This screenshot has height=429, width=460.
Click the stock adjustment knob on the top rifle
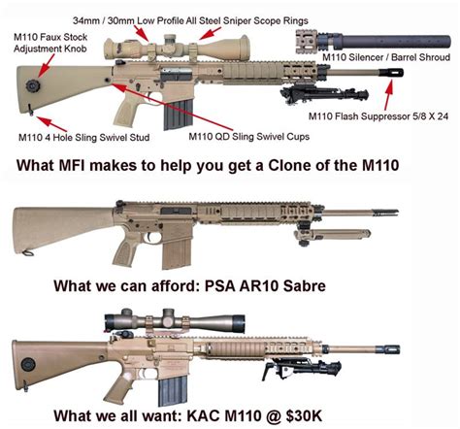click(33, 85)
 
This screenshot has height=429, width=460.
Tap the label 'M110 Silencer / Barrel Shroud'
click(386, 57)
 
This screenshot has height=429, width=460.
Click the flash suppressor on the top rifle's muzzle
click(391, 73)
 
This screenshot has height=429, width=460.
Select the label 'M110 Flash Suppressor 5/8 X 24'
click(378, 116)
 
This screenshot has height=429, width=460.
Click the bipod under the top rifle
click(324, 93)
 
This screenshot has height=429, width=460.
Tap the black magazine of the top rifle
click(179, 115)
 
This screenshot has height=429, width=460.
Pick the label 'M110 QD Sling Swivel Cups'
click(249, 137)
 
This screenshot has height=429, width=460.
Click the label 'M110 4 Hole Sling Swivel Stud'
click(84, 138)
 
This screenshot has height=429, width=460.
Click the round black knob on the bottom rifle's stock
click(28, 365)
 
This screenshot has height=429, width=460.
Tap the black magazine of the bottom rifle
click(173, 391)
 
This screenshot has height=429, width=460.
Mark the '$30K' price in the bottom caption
click(304, 415)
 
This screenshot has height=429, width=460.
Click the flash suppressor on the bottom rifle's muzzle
click(388, 349)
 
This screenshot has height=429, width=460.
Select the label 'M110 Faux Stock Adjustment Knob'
click(50, 43)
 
